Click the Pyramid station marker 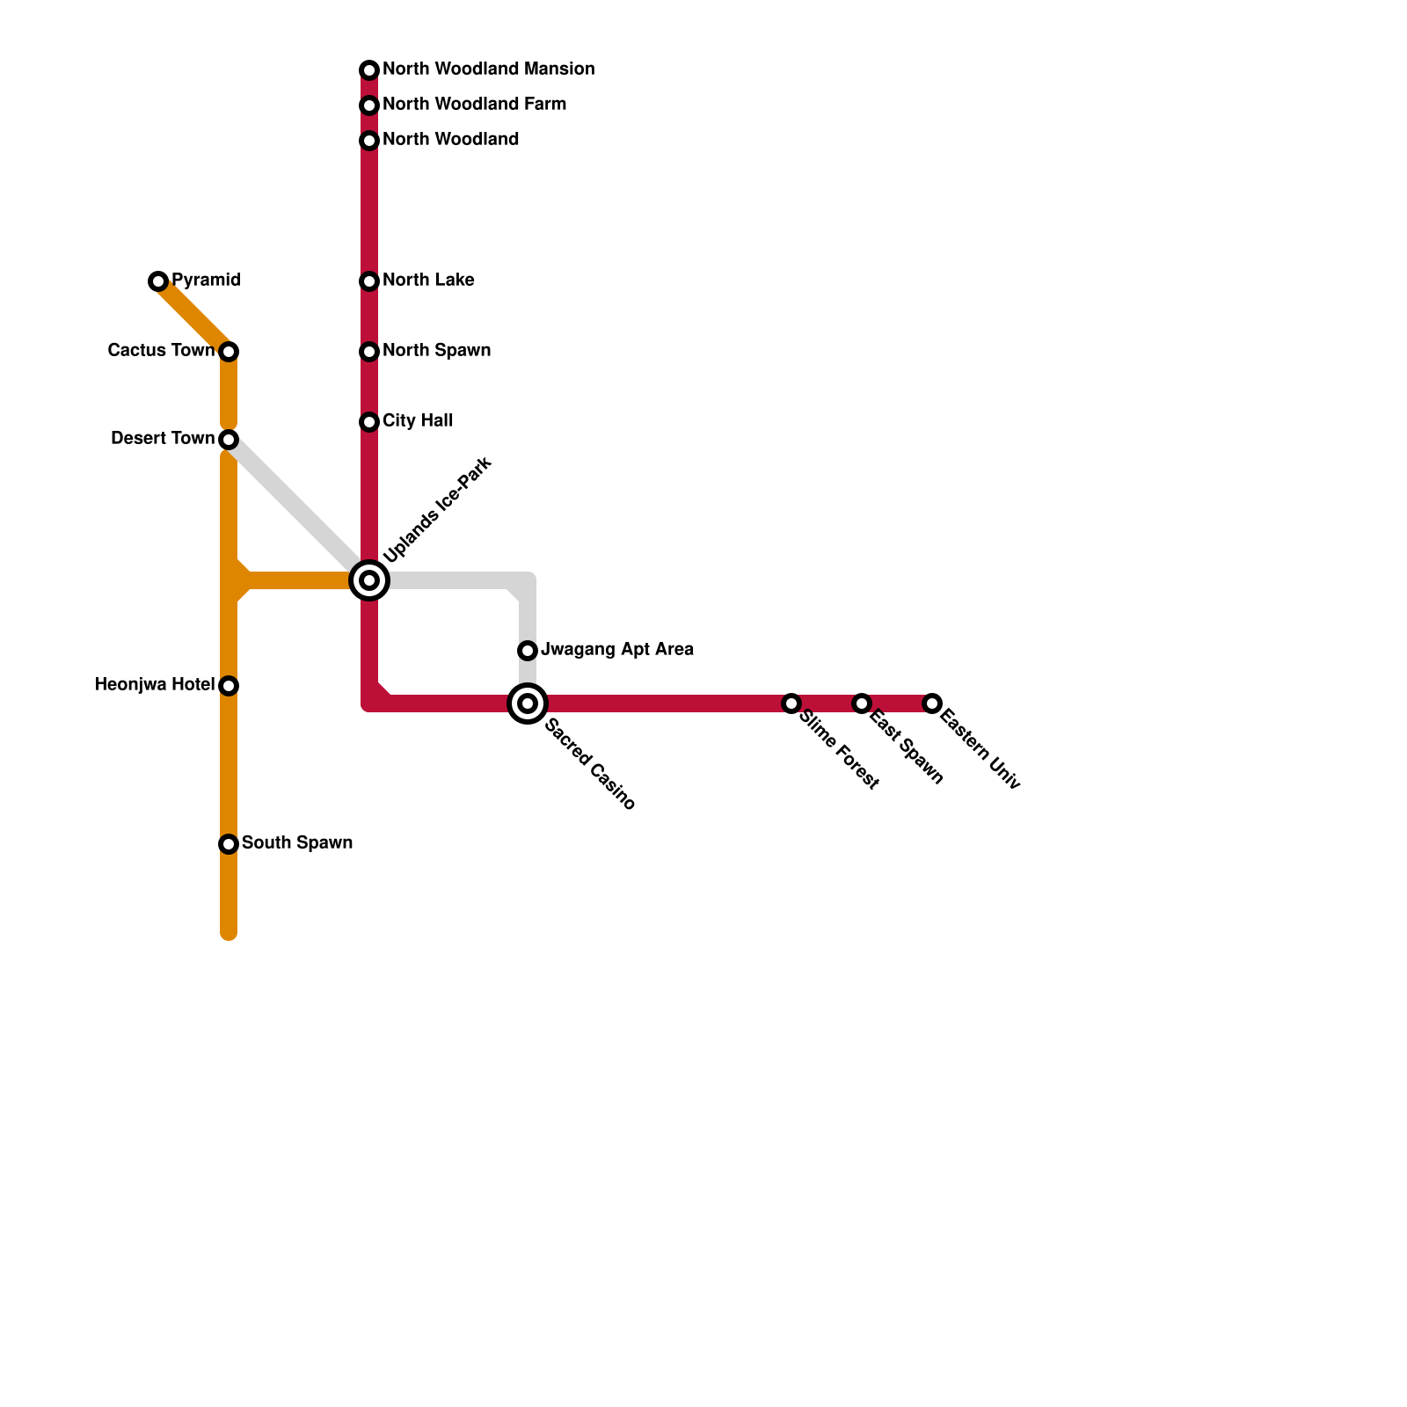click(158, 281)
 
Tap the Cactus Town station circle click(229, 352)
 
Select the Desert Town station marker click(229, 439)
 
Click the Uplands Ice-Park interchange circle click(369, 580)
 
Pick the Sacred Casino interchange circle click(528, 703)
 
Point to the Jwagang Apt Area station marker click(528, 651)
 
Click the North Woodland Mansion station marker click(369, 70)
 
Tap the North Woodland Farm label click(474, 105)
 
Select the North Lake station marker click(369, 281)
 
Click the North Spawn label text click(436, 351)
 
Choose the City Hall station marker click(369, 422)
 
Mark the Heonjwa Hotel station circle click(229, 686)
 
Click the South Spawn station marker click(229, 844)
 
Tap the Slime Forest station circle click(791, 703)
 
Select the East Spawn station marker click(862, 703)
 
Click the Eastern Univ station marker click(932, 703)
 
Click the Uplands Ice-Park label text click(438, 510)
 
